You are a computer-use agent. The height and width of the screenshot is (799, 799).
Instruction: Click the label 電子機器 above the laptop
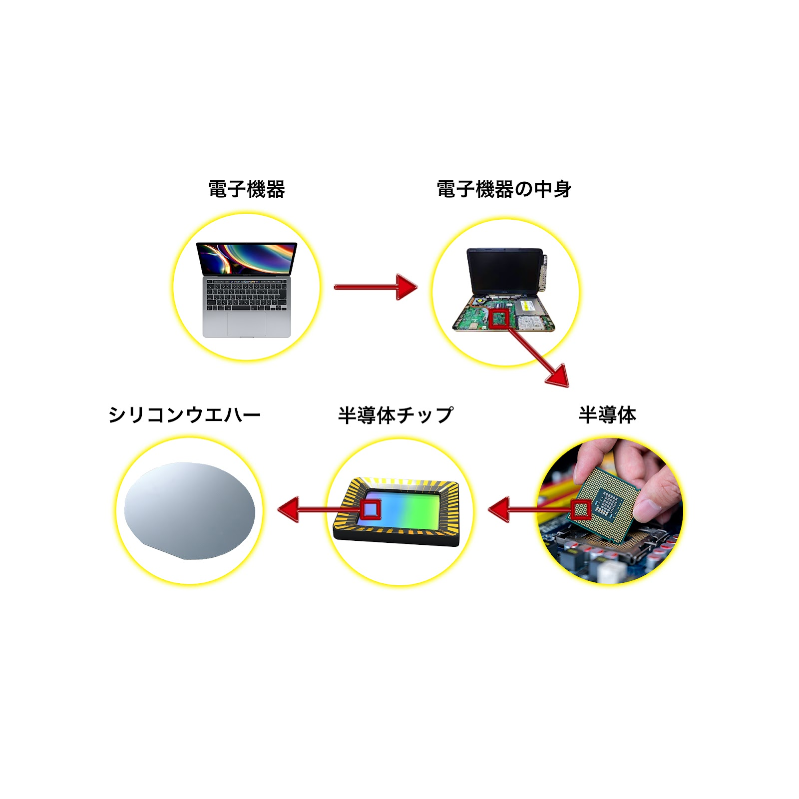pos(247,189)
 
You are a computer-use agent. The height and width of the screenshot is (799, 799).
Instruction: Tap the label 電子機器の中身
pos(504,189)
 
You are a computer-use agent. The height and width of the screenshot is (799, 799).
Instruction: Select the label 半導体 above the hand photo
pos(607,415)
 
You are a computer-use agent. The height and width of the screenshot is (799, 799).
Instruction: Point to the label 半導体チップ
pos(396,415)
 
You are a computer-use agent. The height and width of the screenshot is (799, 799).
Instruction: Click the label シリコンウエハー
pos(184,415)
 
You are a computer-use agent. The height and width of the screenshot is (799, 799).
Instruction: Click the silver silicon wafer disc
pos(190,511)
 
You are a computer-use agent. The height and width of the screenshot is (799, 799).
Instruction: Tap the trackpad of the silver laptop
pos(247,324)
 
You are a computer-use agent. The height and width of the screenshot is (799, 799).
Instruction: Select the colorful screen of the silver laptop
pos(247,259)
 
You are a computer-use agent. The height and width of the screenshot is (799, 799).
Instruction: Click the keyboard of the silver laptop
pos(247,295)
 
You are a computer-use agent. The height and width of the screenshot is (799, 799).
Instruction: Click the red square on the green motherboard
pos(499,319)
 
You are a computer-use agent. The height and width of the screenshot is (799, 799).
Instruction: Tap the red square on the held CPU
pos(581,510)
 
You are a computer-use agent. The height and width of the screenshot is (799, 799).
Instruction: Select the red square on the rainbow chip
pos(371,509)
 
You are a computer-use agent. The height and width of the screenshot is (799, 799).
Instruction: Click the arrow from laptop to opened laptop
pos(376,287)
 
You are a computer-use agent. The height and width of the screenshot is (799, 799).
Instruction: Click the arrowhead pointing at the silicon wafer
pos(289,510)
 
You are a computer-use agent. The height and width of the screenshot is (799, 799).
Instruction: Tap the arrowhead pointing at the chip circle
pos(499,510)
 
